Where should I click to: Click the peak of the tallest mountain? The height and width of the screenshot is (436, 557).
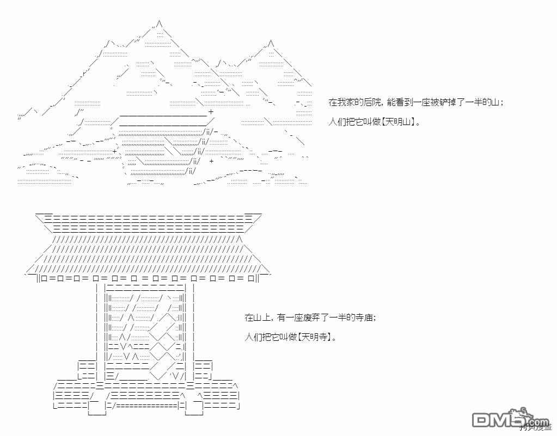coord(158,22)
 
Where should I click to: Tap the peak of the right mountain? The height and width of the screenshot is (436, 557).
coord(271,42)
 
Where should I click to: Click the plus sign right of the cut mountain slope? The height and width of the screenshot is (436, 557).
coord(211,161)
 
